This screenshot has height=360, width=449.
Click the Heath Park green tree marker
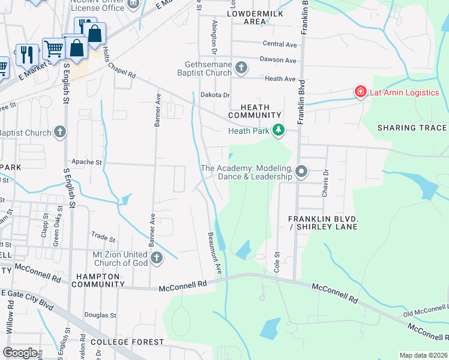(278, 130)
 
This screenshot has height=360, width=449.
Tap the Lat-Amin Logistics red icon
(360, 92)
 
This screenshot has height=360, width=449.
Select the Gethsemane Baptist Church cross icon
(241, 67)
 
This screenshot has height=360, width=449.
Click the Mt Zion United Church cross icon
(157, 258)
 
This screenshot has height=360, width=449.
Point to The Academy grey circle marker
(301, 172)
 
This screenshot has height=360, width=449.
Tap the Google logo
(19, 352)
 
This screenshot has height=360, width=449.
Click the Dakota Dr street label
(215, 95)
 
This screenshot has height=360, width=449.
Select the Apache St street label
(87, 162)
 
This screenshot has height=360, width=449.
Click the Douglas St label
(100, 314)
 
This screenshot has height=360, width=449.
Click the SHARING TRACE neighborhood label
(411, 128)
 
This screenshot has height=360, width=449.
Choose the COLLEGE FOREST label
(127, 342)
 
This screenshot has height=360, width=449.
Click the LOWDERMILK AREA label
(247, 17)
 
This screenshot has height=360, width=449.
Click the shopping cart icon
(53, 49)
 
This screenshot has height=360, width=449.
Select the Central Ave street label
(280, 44)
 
